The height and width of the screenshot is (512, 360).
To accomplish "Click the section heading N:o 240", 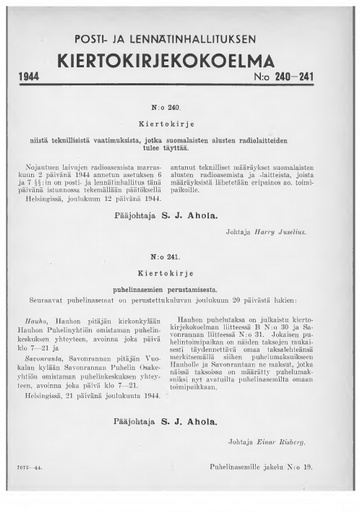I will [x=178, y=103].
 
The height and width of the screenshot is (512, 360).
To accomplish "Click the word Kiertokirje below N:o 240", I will [x=178, y=120].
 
